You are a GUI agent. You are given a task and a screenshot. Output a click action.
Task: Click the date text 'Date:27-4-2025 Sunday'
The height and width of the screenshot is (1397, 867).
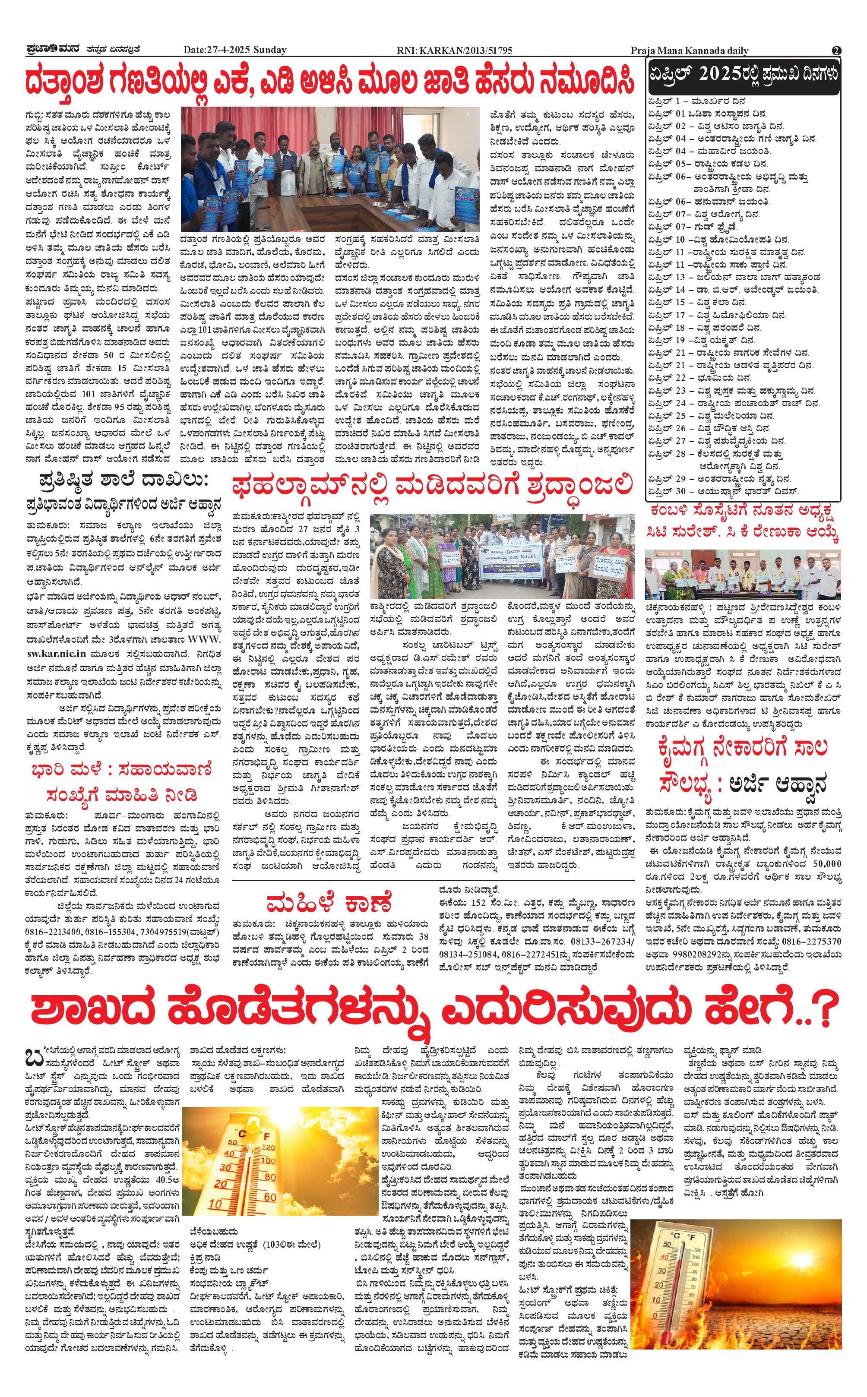tap(234, 51)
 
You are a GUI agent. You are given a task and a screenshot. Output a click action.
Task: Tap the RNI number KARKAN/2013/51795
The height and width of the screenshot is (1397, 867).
tap(454, 51)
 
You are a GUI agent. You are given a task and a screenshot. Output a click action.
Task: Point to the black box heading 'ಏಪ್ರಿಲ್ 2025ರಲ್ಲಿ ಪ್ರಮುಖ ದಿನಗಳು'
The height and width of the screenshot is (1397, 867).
tap(743, 75)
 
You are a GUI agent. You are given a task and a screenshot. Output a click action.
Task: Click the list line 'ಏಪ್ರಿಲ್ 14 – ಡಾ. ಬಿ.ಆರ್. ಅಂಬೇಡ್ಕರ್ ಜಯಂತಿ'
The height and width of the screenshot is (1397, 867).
tap(734, 290)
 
